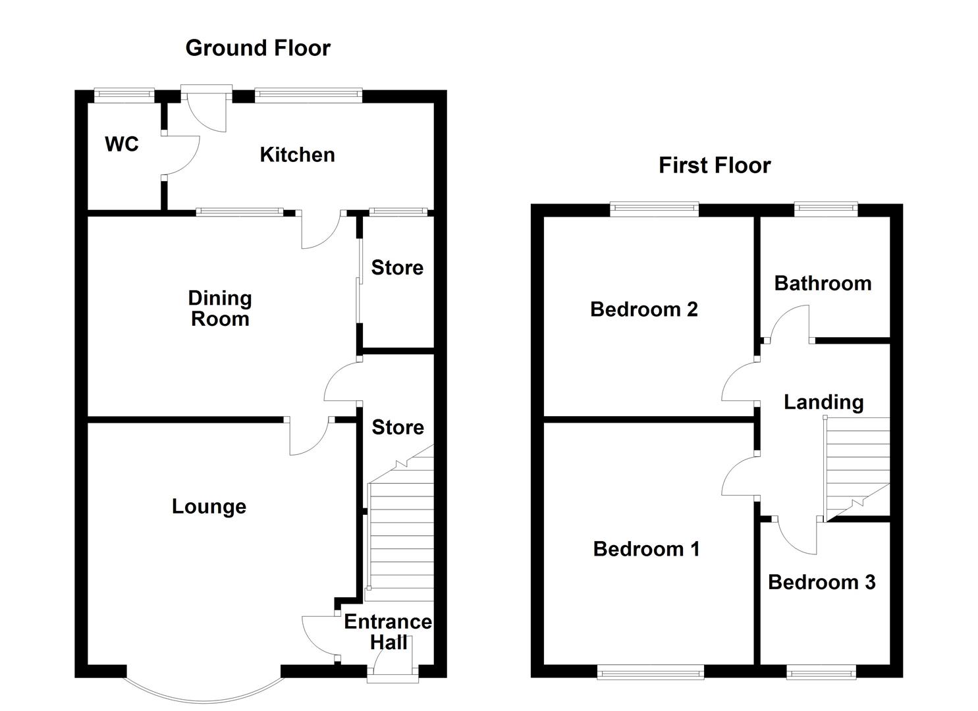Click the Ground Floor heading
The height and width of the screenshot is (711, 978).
point(258,48)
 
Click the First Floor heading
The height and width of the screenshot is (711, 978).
point(715,165)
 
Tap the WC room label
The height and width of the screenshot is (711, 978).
point(122,144)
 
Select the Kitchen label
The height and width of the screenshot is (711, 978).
point(297,155)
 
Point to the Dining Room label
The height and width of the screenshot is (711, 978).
point(220,308)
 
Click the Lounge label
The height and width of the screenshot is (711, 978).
point(209,506)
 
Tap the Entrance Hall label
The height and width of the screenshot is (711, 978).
point(388,632)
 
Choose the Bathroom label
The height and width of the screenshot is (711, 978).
point(823,283)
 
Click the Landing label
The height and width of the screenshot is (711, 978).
point(823,402)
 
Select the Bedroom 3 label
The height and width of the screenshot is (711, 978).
point(821,582)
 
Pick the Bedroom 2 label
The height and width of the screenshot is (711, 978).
point(643,309)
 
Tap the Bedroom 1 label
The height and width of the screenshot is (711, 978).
point(646,548)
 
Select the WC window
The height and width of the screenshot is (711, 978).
point(124,95)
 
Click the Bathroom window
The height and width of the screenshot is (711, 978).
point(826,210)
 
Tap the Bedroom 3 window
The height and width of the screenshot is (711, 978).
point(821,672)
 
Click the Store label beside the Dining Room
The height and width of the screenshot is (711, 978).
point(397,267)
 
